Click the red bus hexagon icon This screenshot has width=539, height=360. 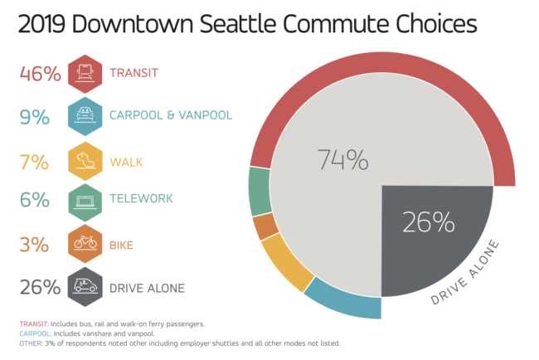(x=85, y=74)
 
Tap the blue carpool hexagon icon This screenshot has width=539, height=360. (x=85, y=116)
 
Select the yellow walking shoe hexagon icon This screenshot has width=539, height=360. (x=85, y=161)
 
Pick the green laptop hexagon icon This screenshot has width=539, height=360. (x=85, y=202)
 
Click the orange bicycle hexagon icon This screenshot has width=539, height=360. (x=85, y=243)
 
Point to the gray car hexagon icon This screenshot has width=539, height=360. (x=85, y=287)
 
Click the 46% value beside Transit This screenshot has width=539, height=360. (x=41, y=74)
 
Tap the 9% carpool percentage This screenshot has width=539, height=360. (x=34, y=117)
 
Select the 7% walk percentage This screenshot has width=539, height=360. (x=34, y=163)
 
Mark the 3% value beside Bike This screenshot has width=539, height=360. (x=34, y=245)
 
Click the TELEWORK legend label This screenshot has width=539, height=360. (x=141, y=198)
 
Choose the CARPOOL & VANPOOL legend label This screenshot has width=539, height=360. (x=171, y=115)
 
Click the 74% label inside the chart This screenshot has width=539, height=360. (x=342, y=159)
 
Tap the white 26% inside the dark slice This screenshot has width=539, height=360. (x=429, y=222)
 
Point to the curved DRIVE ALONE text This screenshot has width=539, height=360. (x=464, y=272)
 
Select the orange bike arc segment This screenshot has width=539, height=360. (x=265, y=226)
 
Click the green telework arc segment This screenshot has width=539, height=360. (x=260, y=191)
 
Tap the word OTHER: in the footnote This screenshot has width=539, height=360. (x=32, y=343)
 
